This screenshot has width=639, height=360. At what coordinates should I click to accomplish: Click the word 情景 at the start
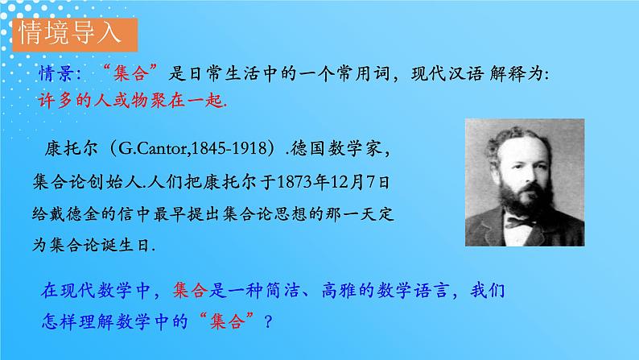click(x=58, y=75)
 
